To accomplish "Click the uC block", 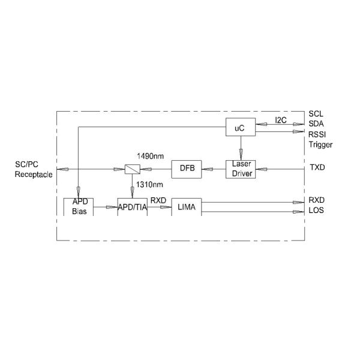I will (240, 127).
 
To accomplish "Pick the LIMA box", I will (186, 206).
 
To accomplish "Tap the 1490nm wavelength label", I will (150, 156).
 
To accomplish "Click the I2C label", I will (280, 120).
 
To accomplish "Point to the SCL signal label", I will (316, 113).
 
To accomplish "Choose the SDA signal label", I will (316, 124).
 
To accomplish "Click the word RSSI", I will (317, 134).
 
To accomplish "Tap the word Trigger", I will (320, 145).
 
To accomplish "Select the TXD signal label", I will (316, 168).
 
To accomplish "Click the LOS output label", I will (316, 211).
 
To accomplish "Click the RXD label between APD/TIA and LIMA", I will (158, 200).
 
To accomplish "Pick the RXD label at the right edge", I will (316, 200).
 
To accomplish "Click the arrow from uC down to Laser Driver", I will (240, 148).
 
